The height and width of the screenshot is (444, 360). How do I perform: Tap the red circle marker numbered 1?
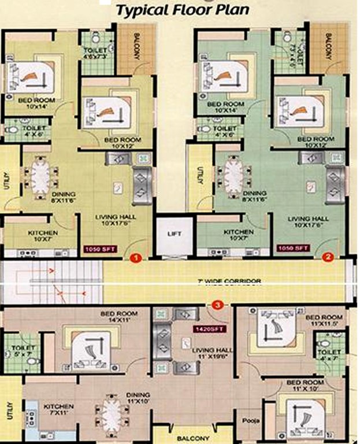point(135,258)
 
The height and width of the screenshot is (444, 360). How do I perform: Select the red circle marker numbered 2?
point(328,258)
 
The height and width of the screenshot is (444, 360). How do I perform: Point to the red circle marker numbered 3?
point(217,304)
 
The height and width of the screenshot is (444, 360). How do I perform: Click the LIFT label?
point(174,234)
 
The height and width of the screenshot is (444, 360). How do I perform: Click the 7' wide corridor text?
point(229,282)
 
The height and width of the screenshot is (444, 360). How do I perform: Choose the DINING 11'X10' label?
point(138,398)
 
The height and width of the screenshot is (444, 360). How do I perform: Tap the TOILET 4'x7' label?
point(329,355)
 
